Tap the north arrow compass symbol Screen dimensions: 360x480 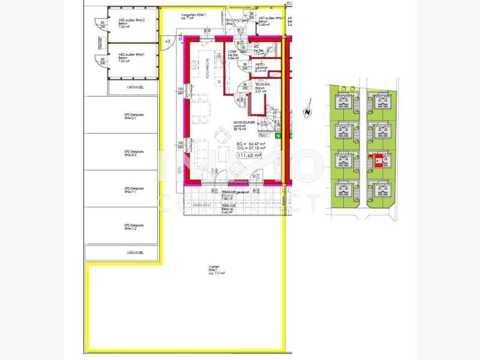[307, 112]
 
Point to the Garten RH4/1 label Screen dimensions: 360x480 [215, 271]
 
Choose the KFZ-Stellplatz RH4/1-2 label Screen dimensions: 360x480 [131, 227]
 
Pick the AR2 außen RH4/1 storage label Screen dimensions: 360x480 [130, 56]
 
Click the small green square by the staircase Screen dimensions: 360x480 [278, 136]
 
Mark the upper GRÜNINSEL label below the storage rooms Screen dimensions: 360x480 [133, 88]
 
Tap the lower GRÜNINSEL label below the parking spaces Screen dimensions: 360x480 [133, 253]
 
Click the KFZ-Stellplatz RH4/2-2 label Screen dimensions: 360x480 [131, 153]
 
